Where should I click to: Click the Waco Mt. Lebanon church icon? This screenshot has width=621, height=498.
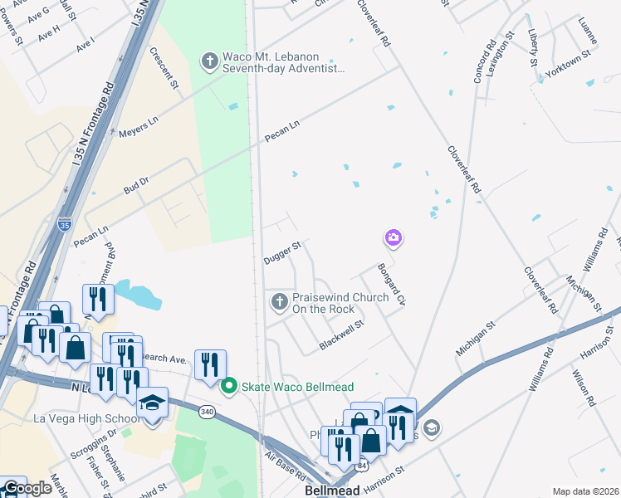(208, 61)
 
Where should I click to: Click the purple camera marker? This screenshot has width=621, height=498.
(393, 239)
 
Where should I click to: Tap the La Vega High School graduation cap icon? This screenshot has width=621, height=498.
(153, 403)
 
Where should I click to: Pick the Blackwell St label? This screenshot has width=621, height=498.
(342, 334)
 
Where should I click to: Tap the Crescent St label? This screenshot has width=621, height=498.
(164, 67)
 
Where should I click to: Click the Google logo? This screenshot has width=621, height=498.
(27, 488)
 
